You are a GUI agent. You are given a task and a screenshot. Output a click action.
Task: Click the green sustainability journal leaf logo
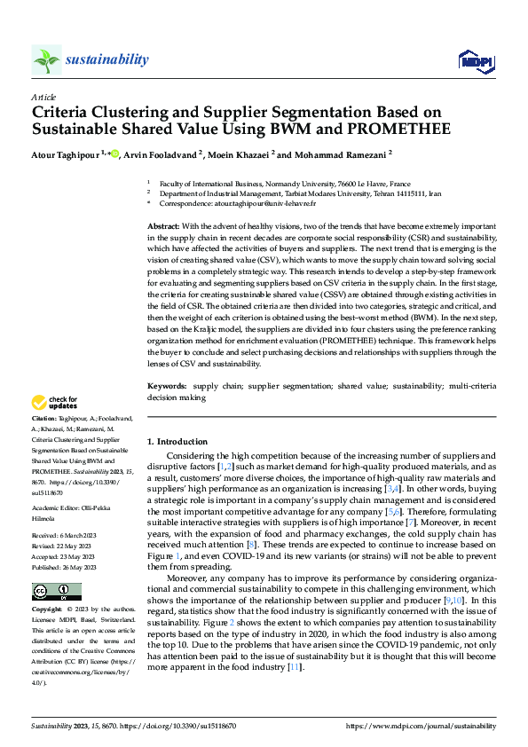click(46, 60)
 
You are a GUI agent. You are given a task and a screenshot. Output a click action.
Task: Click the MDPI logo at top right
click(476, 60)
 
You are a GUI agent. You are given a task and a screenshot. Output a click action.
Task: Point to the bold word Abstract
click(162, 227)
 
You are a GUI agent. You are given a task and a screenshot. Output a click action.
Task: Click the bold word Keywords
click(166, 387)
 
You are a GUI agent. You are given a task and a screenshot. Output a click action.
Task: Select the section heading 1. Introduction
click(177, 442)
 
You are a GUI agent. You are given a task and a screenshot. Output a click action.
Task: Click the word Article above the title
click(43, 97)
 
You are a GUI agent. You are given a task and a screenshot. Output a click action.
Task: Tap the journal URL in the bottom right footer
click(420, 726)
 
